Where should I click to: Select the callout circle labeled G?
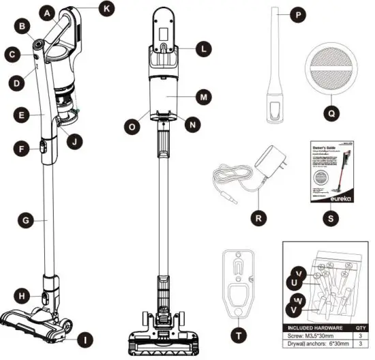tap(26, 220)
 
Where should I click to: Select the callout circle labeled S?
tap(331, 220)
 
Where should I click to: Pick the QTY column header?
tap(360, 327)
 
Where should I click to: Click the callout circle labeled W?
tap(297, 299)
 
